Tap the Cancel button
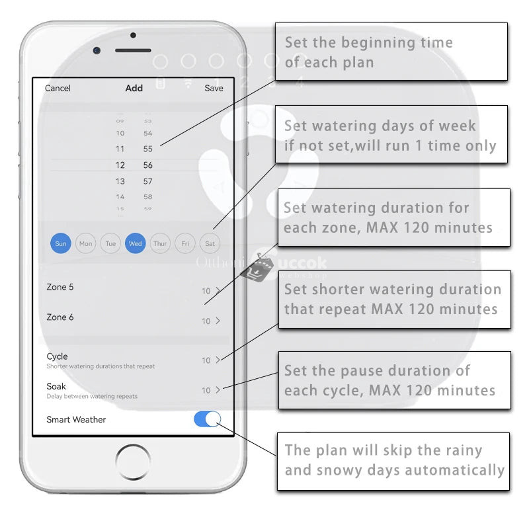tap(58, 88)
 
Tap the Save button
tap(214, 88)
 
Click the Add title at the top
tap(134, 88)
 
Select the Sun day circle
tap(61, 243)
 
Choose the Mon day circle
tap(86, 243)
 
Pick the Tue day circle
tap(110, 243)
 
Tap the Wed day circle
tap(136, 243)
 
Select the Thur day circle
tap(160, 243)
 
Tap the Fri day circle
tap(185, 243)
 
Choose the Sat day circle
tap(210, 243)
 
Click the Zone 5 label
tap(60, 287)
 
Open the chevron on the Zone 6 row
tap(218, 321)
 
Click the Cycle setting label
tap(58, 356)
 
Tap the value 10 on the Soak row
tap(206, 390)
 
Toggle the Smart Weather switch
tap(207, 419)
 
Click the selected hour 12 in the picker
tap(120, 165)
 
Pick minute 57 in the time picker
tap(148, 181)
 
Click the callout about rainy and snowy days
tap(393, 461)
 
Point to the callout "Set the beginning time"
tap(391, 52)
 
